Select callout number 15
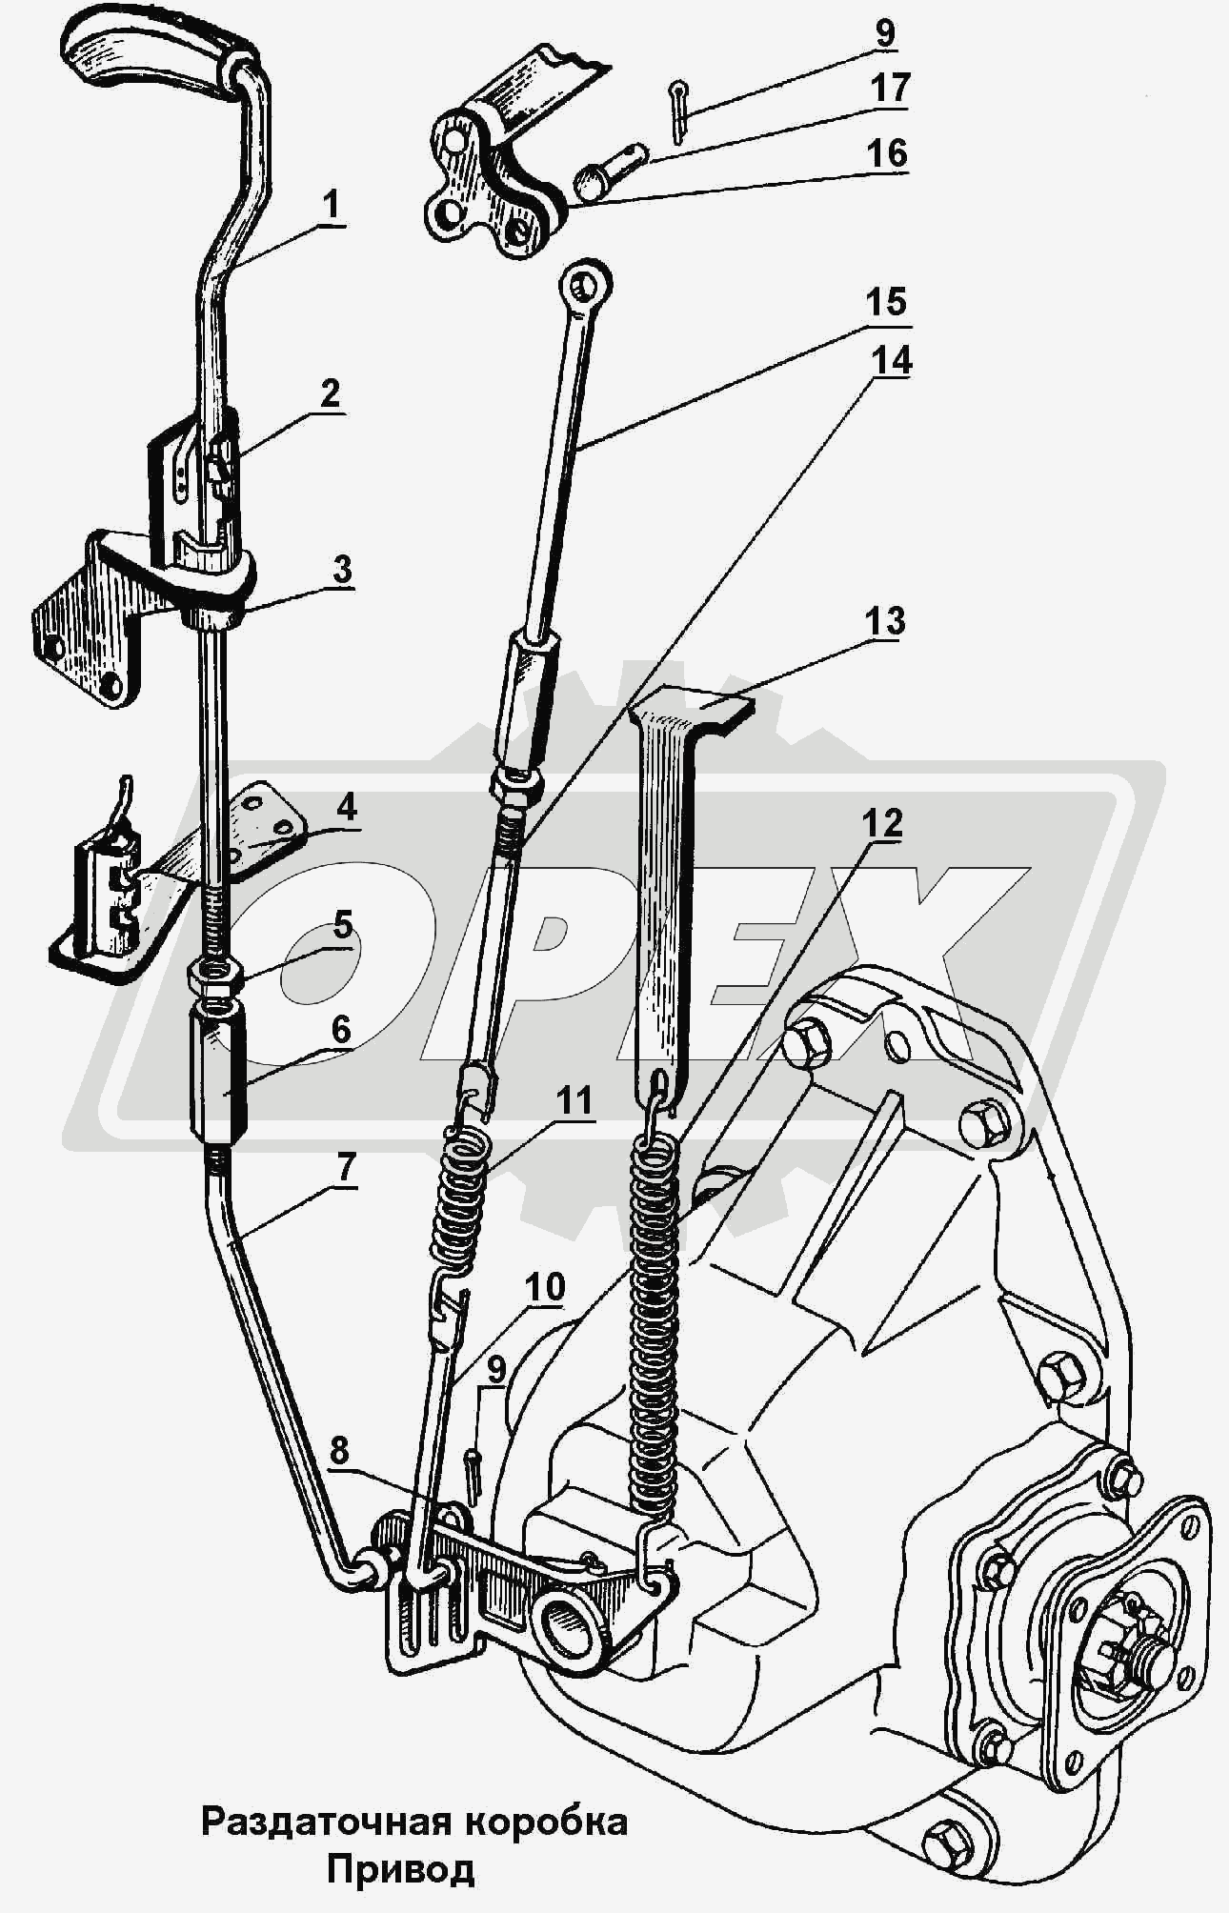(x=885, y=302)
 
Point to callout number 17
(x=890, y=89)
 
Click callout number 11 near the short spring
(x=574, y=1101)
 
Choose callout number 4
(x=346, y=808)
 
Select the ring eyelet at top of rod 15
(x=585, y=283)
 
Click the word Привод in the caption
(x=400, y=1868)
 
